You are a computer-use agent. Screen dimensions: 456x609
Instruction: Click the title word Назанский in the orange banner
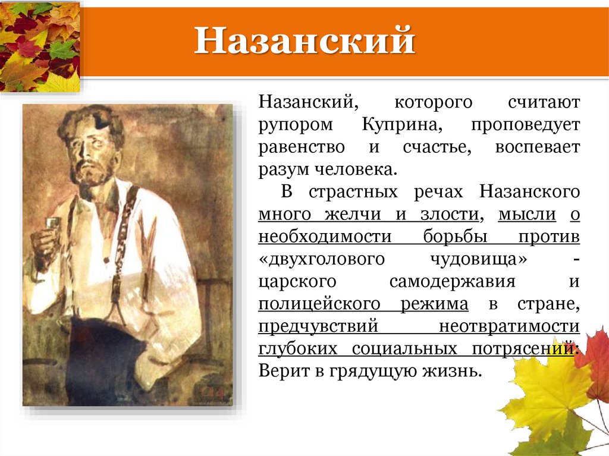click(x=304, y=42)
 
